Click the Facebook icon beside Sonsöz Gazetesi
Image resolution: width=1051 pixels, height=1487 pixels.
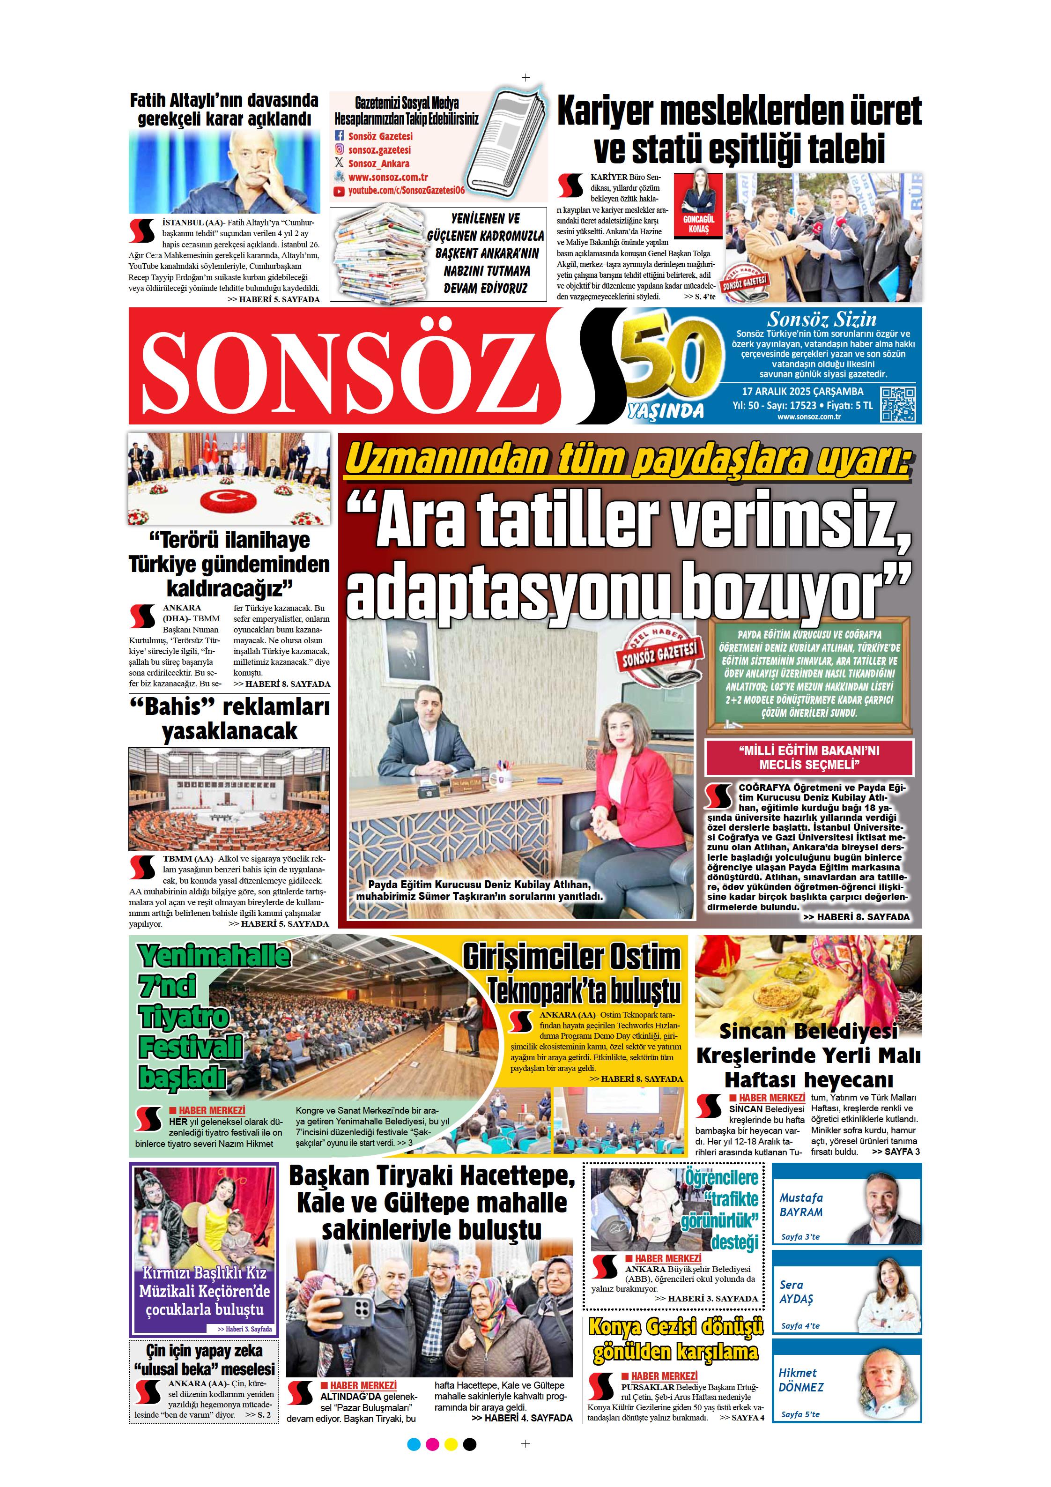coord(339,136)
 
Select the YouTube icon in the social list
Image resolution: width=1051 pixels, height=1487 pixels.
coord(339,190)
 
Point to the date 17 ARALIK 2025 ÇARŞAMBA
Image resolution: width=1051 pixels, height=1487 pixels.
coord(802,391)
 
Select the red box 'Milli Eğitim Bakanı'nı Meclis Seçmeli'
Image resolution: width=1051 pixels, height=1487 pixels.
coord(809,758)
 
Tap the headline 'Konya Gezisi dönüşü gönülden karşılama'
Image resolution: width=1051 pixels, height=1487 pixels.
coord(676,1340)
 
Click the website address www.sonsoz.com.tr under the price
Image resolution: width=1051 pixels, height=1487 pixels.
coord(808,416)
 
